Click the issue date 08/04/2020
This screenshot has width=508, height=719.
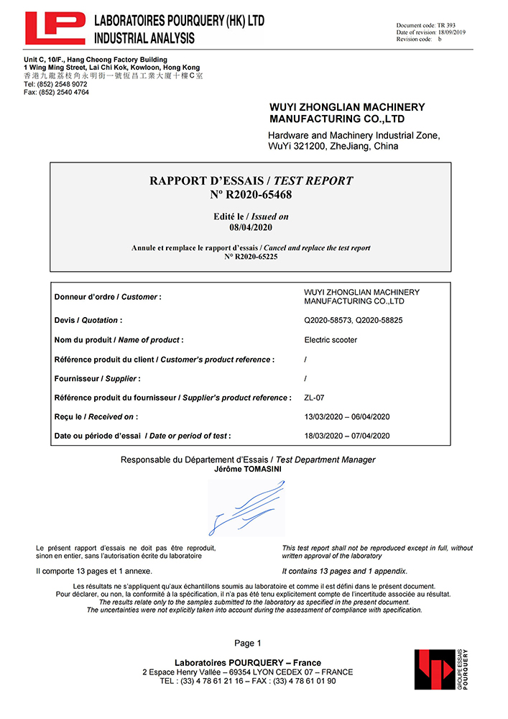coord(251,227)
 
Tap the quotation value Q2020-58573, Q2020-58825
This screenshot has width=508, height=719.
coord(353,320)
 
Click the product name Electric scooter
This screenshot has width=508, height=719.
coord(331,339)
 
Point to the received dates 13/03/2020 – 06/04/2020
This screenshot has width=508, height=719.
coord(347,417)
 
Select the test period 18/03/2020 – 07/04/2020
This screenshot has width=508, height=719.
coord(347,436)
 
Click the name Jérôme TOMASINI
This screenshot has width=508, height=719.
coord(247,469)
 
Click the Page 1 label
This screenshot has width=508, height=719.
coord(248,643)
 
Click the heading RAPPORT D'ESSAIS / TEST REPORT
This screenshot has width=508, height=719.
coord(251,181)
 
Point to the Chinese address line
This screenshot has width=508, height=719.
coord(114,75)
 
